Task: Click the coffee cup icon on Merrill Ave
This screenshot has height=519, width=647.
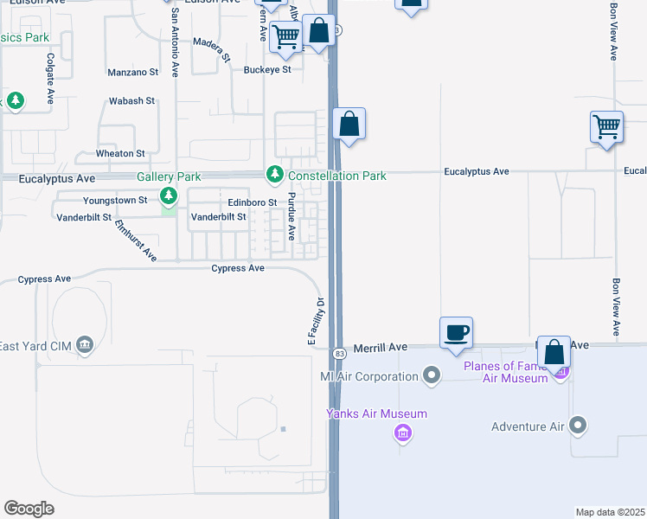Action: [456, 332]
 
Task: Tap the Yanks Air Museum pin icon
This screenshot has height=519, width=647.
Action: [401, 432]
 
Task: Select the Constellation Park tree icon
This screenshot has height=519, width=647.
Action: [275, 176]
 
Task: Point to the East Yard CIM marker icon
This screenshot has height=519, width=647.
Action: [85, 347]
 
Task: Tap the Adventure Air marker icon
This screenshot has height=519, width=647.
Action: [579, 426]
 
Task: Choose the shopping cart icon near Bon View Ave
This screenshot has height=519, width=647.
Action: [607, 127]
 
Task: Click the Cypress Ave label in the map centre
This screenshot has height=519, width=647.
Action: [238, 268]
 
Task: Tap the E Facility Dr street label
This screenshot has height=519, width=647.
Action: [316, 322]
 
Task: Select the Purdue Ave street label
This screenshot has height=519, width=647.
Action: [292, 216]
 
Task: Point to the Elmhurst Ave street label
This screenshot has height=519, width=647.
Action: [136, 240]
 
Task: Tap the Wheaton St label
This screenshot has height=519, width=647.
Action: [120, 153]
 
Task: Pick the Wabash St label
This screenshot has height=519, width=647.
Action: [131, 101]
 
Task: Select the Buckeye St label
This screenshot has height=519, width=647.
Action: [267, 70]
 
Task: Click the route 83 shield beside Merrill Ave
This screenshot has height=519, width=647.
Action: [340, 354]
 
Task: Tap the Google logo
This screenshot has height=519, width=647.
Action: [29, 509]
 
